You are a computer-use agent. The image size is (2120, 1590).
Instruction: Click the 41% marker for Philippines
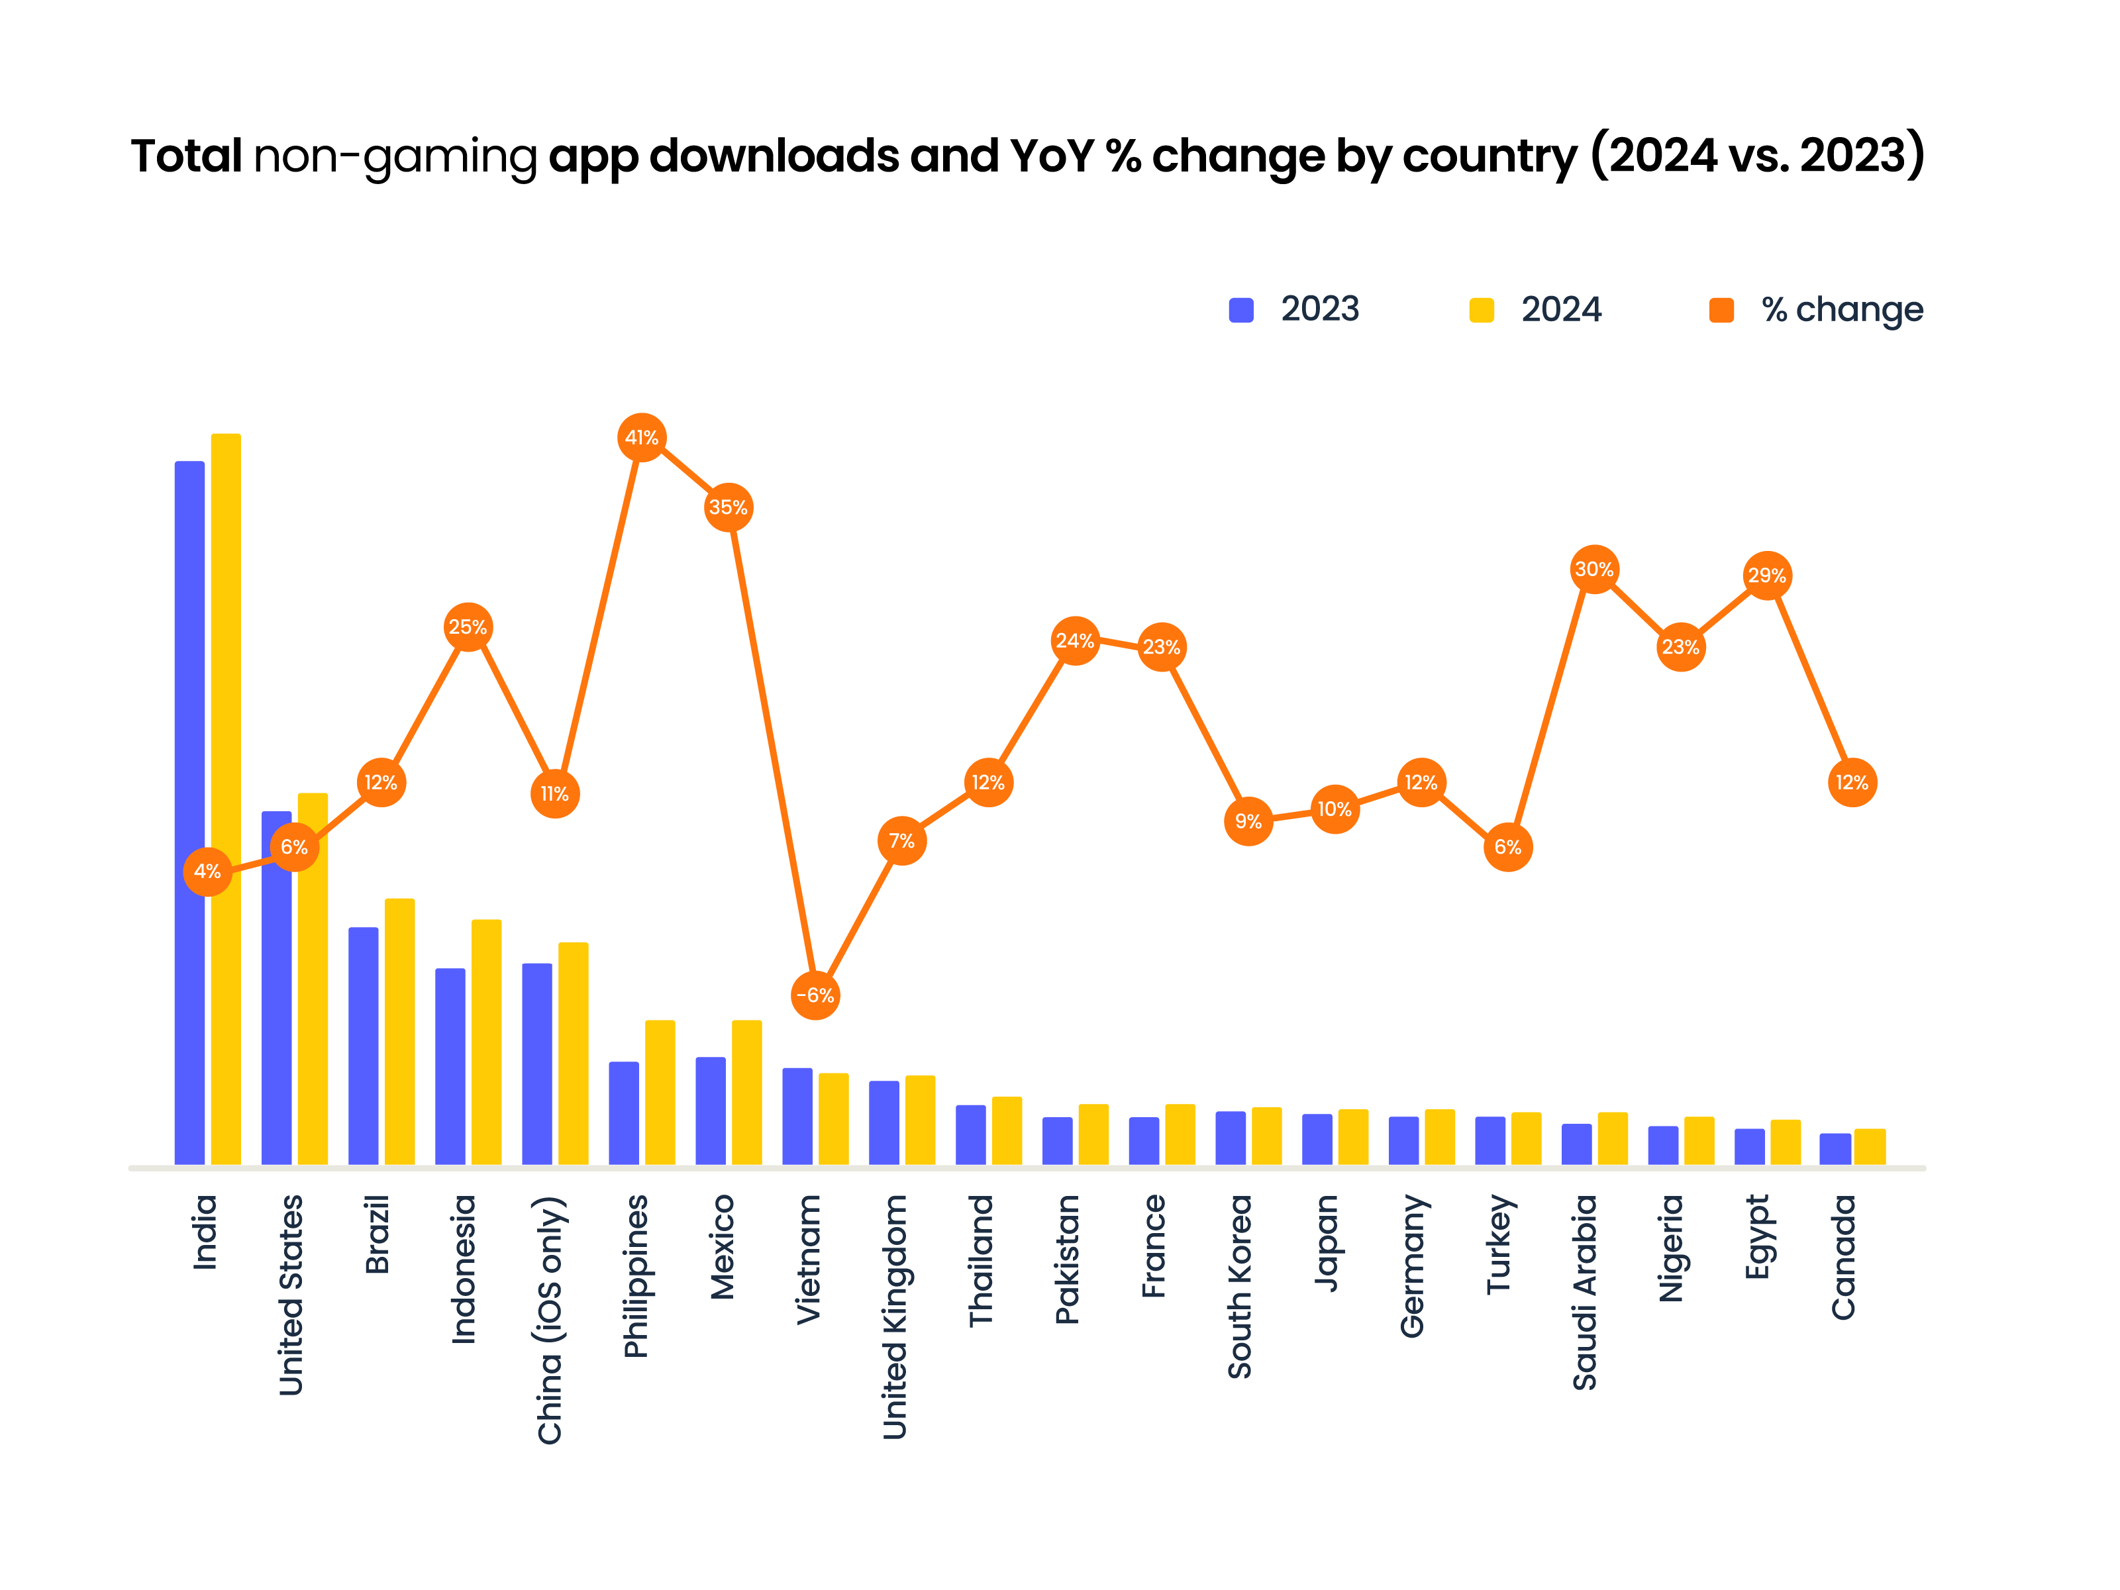click(x=641, y=438)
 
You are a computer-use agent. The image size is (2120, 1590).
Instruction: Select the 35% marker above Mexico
click(x=729, y=507)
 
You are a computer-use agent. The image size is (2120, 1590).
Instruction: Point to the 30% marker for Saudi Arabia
click(x=1594, y=570)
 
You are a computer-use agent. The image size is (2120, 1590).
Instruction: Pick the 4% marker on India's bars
click(x=207, y=871)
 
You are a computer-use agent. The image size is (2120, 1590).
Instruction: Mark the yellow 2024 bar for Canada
click(x=1870, y=1146)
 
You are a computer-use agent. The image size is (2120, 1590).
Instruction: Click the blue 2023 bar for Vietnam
click(x=797, y=1117)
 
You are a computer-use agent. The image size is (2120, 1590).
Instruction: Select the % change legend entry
click(x=1816, y=309)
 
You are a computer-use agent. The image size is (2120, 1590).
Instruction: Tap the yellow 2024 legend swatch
click(x=1482, y=309)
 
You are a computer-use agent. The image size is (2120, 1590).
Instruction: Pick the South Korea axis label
click(x=1239, y=1285)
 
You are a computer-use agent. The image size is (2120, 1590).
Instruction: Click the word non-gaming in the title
click(x=395, y=156)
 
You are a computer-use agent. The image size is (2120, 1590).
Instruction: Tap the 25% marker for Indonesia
click(x=468, y=627)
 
